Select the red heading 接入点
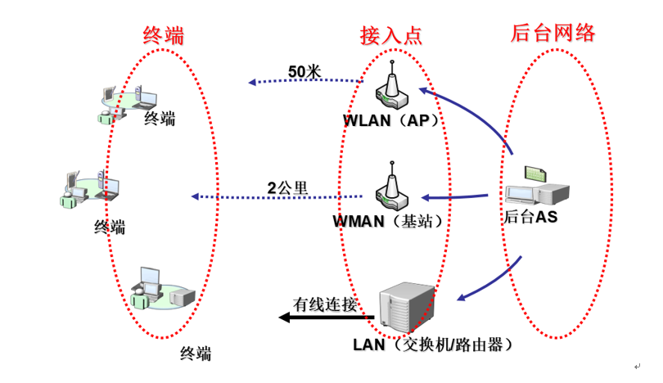(391, 35)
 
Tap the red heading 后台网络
(552, 33)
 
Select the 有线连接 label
(326, 304)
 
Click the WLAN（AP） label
(392, 120)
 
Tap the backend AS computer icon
(536, 187)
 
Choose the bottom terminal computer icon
(160, 288)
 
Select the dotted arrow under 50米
(306, 82)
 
